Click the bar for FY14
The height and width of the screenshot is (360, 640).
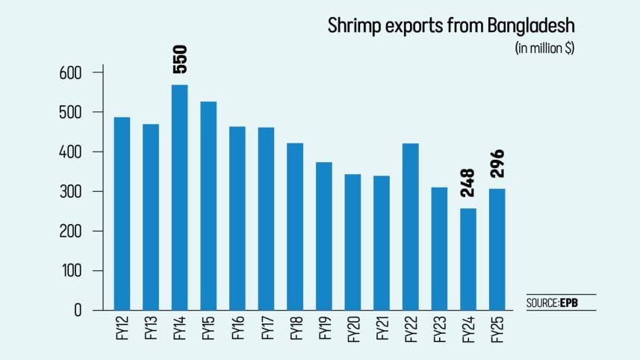point(179,197)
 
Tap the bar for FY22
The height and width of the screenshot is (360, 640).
point(410,226)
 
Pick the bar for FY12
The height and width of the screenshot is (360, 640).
point(122,213)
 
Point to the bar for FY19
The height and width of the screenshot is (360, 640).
point(323,235)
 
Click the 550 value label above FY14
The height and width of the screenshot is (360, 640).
point(180,59)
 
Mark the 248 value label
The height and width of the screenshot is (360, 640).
point(468,183)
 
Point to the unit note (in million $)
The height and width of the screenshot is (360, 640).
point(545,48)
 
